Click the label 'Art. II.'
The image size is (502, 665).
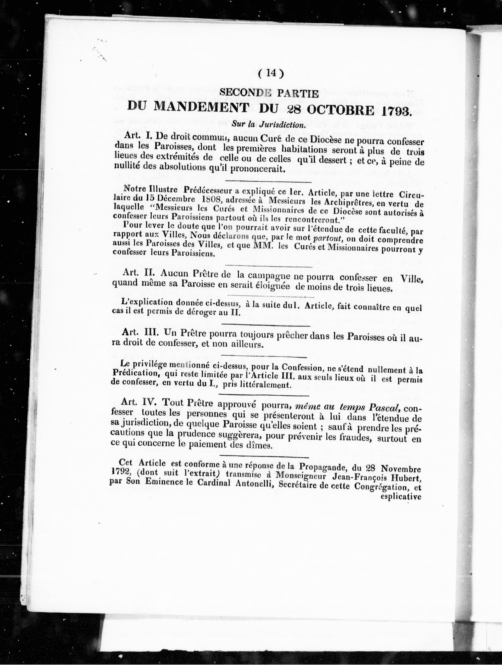tap(140, 273)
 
